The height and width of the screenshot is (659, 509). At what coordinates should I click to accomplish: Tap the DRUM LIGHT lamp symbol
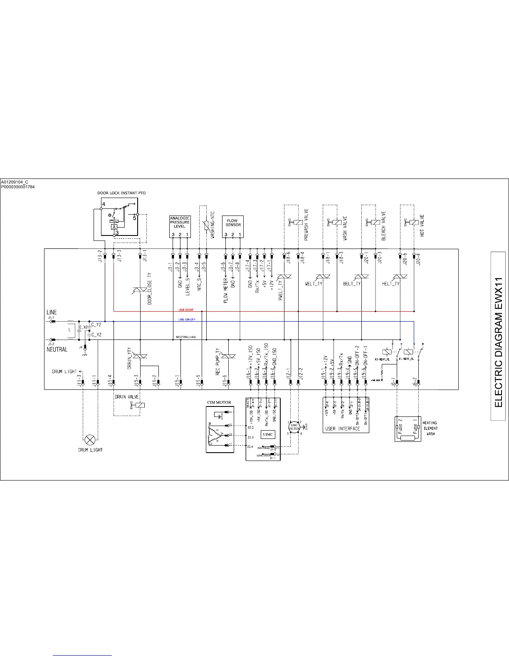89,439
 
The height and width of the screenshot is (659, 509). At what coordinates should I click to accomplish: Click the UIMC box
268,434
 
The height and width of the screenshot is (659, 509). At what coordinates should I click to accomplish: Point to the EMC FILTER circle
294,427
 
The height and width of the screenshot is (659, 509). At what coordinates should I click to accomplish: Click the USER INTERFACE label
342,429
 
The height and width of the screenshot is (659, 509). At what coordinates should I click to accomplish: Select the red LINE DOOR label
186,310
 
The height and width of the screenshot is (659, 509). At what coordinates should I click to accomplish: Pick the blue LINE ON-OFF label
187,320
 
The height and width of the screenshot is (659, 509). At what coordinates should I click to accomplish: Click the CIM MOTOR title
219,403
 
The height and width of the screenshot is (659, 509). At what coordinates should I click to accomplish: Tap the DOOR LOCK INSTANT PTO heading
121,193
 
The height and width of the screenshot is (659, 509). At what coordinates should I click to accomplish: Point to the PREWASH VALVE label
306,225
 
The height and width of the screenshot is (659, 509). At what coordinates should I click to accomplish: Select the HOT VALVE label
423,225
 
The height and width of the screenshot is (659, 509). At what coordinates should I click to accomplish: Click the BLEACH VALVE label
383,225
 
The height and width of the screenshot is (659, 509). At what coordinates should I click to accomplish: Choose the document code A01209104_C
15,182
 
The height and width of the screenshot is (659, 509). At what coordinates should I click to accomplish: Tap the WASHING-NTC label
212,225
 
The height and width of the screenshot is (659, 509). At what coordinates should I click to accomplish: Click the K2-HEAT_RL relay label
382,359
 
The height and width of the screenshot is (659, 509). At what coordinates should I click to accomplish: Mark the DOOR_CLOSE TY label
149,289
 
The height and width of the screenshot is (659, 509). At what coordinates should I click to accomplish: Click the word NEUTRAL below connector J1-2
57,349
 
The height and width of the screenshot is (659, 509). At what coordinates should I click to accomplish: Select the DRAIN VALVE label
126,397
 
